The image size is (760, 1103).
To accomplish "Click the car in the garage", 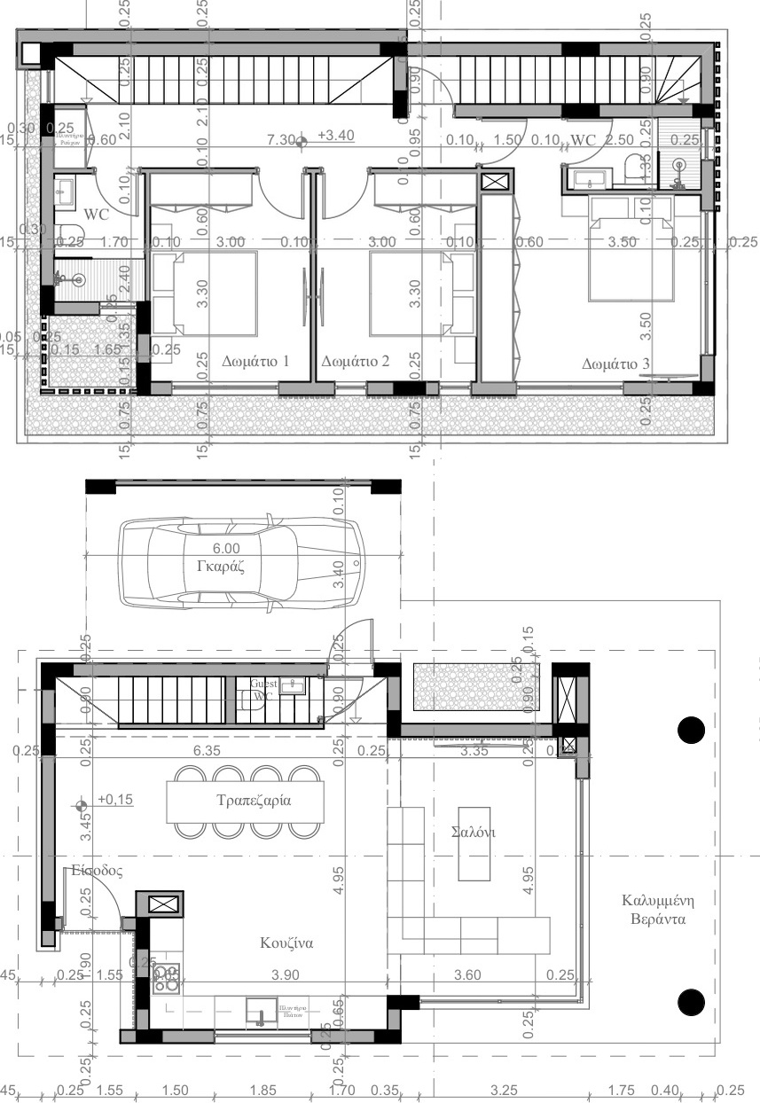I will pyautogui.click(x=240, y=562).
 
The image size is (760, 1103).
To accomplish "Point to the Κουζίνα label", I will pyautogui.click(x=287, y=942).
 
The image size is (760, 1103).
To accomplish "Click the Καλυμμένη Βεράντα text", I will pyautogui.click(x=654, y=910).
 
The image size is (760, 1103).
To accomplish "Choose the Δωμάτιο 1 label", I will pyautogui.click(x=256, y=362).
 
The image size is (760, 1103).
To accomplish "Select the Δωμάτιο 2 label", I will pyautogui.click(x=356, y=362).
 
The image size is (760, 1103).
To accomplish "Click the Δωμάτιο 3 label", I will pyautogui.click(x=615, y=364).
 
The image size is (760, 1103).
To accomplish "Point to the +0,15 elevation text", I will pyautogui.click(x=114, y=800).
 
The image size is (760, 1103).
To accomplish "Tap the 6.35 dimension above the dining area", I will pyautogui.click(x=205, y=750).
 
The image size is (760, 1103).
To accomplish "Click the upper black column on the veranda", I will pyautogui.click(x=691, y=729).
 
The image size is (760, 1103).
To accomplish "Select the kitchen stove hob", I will pyautogui.click(x=166, y=977).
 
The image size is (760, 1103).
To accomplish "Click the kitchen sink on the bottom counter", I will pyautogui.click(x=260, y=1011).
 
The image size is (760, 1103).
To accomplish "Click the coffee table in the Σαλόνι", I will pyautogui.click(x=474, y=842).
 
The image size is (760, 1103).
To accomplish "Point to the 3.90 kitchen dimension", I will pyautogui.click(x=286, y=974).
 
